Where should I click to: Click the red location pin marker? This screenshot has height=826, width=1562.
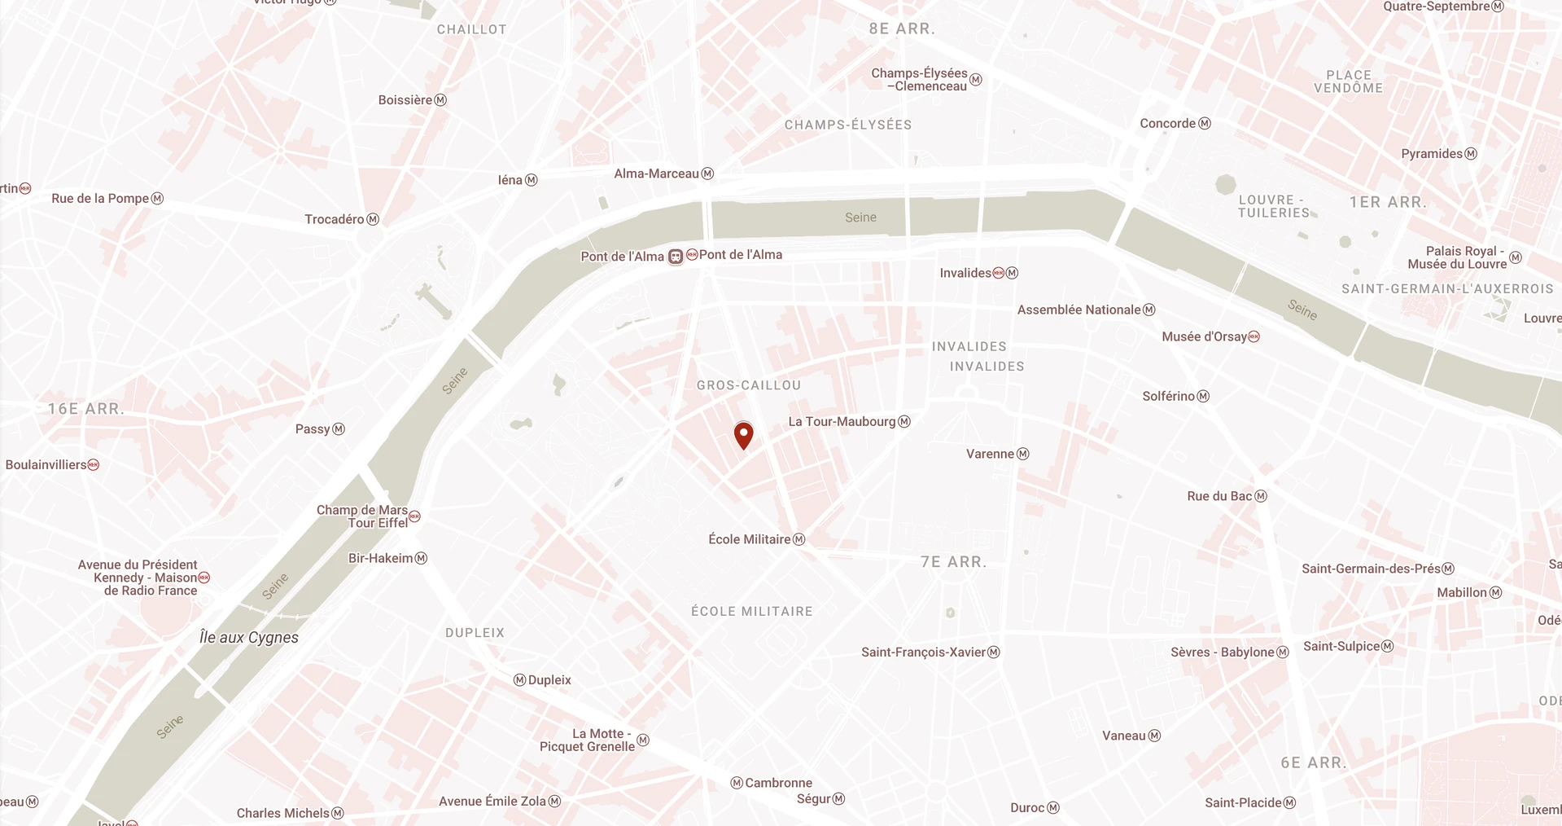click(743, 434)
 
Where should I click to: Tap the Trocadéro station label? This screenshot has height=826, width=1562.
click(335, 219)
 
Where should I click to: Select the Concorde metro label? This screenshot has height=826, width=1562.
click(1168, 124)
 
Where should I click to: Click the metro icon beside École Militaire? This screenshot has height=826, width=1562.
click(799, 539)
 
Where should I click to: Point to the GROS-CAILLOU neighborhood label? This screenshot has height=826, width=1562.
click(749, 385)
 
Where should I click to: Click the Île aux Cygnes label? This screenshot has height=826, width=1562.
click(249, 637)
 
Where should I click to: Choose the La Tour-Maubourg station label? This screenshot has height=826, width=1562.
click(842, 422)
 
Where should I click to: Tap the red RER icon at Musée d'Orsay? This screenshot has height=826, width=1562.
click(1254, 336)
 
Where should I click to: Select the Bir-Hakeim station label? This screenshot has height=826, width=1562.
click(380, 558)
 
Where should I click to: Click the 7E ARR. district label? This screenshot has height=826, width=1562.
click(953, 562)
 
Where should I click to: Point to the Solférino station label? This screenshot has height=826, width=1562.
click(1168, 396)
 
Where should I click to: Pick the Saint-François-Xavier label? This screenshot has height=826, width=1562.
click(923, 652)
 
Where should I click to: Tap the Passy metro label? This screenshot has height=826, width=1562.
click(313, 429)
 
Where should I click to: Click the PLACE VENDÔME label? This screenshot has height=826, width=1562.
click(1348, 81)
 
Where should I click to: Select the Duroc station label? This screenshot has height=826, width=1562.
click(1027, 808)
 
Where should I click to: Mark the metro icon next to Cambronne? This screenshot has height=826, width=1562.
click(737, 783)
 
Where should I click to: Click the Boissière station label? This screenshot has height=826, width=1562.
click(405, 100)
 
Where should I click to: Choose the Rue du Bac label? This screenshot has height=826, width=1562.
click(1219, 496)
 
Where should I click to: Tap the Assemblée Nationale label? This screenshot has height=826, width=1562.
click(1079, 310)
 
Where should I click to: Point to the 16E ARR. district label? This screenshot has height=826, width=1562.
click(85, 409)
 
